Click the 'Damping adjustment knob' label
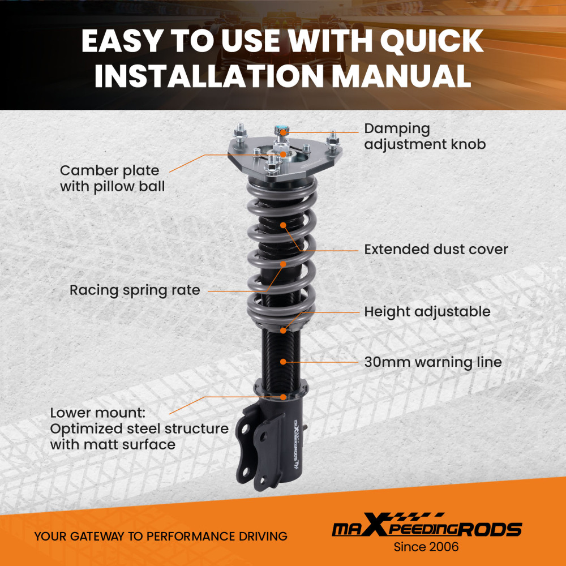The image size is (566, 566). (424, 136)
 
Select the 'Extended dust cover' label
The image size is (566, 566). (436, 249)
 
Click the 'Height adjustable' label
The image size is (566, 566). (427, 311)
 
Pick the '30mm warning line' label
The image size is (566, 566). (432, 362)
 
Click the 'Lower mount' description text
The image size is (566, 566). (139, 428)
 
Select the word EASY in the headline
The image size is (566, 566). (128, 41)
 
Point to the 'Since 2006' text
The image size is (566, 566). (426, 547)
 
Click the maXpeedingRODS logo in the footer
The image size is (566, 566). (426, 529)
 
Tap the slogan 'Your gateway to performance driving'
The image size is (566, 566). (161, 536)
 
